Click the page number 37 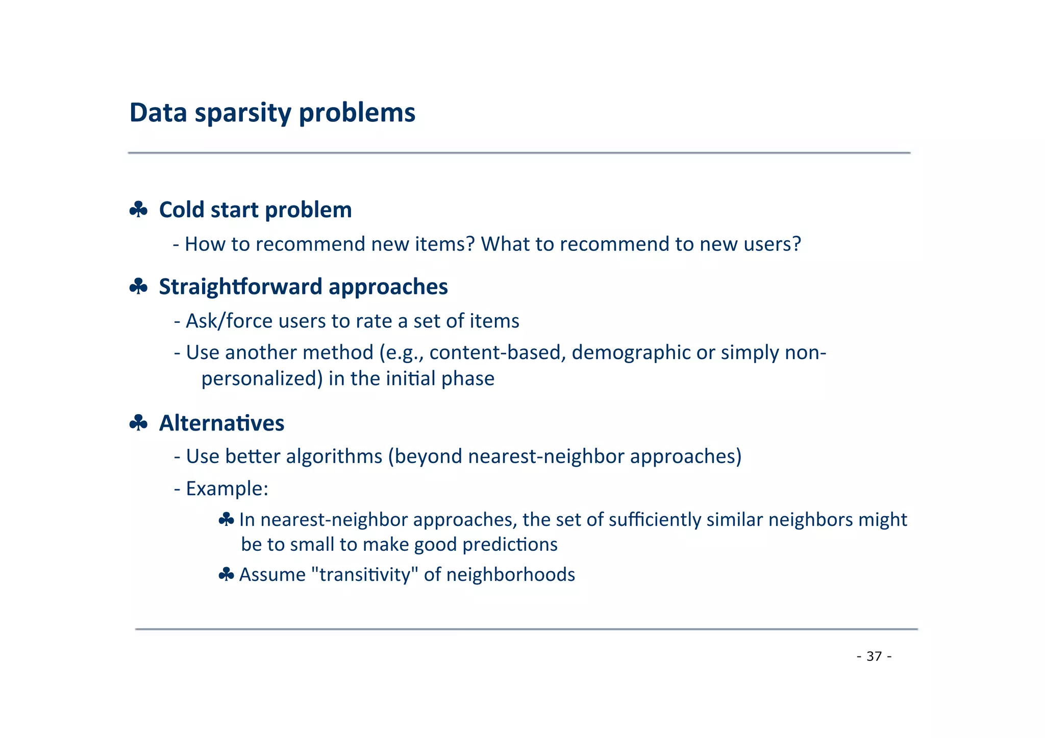(x=874, y=656)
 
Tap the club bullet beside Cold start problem (x=138, y=210)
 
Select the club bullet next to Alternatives (x=138, y=423)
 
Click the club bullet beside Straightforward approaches (x=138, y=287)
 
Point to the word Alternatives (x=221, y=423)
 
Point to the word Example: (x=227, y=489)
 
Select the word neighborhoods (x=510, y=575)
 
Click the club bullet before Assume (x=226, y=575)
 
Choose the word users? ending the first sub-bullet (x=772, y=244)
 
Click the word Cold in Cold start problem (x=181, y=210)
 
